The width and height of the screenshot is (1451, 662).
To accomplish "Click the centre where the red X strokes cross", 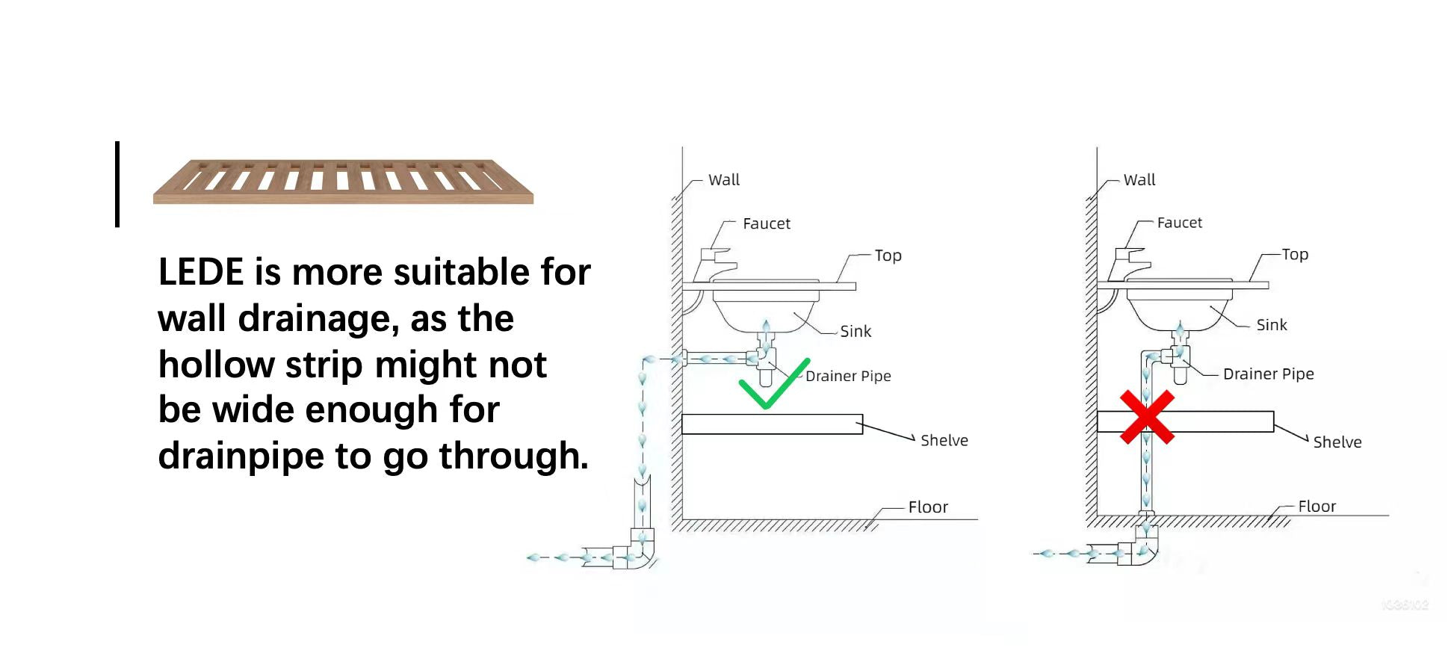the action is point(1147,418).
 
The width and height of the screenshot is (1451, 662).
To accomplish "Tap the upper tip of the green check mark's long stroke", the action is point(808,360).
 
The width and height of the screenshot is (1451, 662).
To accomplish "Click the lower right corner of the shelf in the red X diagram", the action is point(1274,432).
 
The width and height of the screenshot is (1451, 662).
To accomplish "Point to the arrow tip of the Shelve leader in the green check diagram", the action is point(915,439).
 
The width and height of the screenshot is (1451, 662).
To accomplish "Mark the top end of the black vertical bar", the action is point(117,142).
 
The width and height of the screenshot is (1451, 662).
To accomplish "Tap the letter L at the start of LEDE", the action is point(167,272).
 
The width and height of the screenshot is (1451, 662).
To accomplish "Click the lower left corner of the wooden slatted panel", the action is point(154,202).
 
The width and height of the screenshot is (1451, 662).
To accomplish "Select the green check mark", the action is point(774,384).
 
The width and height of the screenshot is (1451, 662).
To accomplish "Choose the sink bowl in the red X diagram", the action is point(1179,308).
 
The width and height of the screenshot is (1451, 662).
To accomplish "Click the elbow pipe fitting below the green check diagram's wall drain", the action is point(634,550).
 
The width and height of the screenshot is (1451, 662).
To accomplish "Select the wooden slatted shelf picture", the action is point(344,182).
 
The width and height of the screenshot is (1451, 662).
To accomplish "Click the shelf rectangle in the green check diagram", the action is point(773,424).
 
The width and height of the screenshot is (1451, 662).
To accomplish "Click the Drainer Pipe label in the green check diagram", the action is point(848,376).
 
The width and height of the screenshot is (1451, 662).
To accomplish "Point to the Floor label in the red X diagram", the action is point(1317,507).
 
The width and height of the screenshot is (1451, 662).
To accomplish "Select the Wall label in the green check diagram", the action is point(724,180).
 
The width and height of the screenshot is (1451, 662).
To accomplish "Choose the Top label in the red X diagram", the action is point(1295,255).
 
